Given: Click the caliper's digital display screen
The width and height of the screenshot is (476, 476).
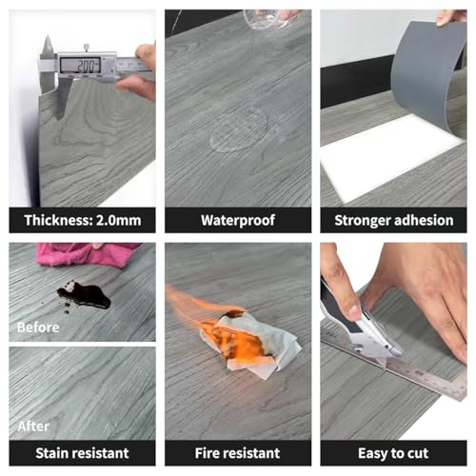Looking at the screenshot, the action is (x=80, y=66).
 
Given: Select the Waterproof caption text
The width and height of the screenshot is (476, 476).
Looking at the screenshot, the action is (x=238, y=220).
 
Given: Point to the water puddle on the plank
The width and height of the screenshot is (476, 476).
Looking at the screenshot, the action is (x=239, y=130).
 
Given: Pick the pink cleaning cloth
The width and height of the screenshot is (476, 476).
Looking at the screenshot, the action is (x=88, y=254).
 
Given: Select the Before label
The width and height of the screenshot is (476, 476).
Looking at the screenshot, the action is (x=38, y=327).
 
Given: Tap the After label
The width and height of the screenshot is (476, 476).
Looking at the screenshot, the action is (x=33, y=426).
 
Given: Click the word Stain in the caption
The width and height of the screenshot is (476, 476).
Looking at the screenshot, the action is (x=52, y=453).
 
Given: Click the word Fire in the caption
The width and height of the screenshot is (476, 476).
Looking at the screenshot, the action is (x=207, y=453).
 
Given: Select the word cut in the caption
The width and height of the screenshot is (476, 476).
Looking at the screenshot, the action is (x=418, y=453).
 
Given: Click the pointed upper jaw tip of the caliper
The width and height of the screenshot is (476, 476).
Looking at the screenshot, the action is (x=48, y=36).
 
